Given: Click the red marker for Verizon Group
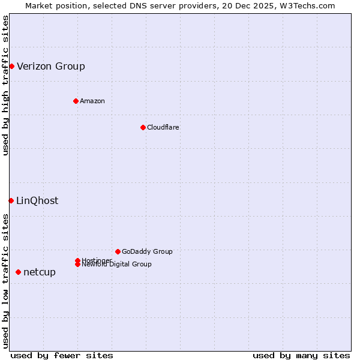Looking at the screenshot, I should pyautogui.click(x=11, y=66).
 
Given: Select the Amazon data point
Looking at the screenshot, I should pyautogui.click(x=76, y=101).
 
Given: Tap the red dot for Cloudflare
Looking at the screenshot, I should pyautogui.click(x=143, y=127).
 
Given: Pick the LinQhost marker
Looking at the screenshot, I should pyautogui.click(x=11, y=200).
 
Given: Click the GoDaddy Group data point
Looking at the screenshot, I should pyautogui.click(x=118, y=251).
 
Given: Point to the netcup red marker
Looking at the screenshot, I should pyautogui.click(x=18, y=272).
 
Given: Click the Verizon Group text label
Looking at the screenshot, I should pyautogui.click(x=51, y=66).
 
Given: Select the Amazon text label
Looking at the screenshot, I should pyautogui.click(x=92, y=101).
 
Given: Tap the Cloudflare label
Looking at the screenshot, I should pyautogui.click(x=163, y=127).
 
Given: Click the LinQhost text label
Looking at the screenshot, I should pyautogui.click(x=37, y=200).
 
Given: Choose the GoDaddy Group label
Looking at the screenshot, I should pyautogui.click(x=147, y=251).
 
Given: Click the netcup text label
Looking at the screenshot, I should pyautogui.click(x=40, y=272).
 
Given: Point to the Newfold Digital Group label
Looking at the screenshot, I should pyautogui.click(x=116, y=265).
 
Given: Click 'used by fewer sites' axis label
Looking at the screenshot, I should pyautogui.click(x=62, y=355).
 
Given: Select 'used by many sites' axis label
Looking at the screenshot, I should pyautogui.click(x=301, y=355).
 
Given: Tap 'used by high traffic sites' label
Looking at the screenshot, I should pyautogui.click(x=5, y=85).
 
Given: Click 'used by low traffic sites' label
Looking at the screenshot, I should pyautogui.click(x=5, y=281).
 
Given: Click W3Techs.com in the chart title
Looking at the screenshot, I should pyautogui.click(x=306, y=5).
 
